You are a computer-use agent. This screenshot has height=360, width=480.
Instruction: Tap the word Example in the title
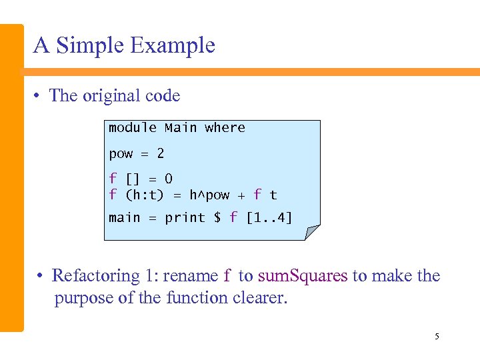173,45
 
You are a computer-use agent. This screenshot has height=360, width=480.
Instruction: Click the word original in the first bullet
112,96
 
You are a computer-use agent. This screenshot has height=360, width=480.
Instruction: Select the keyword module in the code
133,127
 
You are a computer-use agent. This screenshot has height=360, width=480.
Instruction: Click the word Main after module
181,127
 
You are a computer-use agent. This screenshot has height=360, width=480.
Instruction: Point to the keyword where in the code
225,127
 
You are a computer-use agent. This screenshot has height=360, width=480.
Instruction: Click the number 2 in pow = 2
160,153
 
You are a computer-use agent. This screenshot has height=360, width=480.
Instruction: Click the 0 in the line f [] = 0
169,179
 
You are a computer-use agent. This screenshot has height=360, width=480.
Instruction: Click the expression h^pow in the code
209,195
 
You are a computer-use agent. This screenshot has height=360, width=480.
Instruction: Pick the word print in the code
185,217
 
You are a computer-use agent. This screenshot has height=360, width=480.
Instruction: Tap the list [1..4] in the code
269,217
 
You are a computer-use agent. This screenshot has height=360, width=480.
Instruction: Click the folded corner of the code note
312,232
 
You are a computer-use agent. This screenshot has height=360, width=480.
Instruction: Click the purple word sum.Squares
303,275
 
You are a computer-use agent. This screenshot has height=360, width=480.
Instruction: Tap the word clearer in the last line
260,297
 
